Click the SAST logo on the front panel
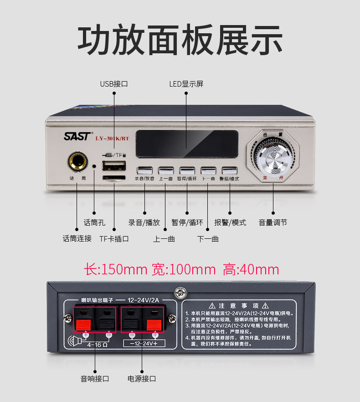[x=78, y=136]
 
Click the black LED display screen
[x=186, y=144]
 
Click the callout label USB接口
[x=114, y=84]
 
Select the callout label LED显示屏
[x=186, y=84]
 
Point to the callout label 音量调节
[x=273, y=222]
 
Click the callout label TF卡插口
[x=114, y=238]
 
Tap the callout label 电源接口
[x=142, y=378]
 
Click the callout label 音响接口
[x=95, y=378]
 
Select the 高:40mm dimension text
[x=251, y=269]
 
